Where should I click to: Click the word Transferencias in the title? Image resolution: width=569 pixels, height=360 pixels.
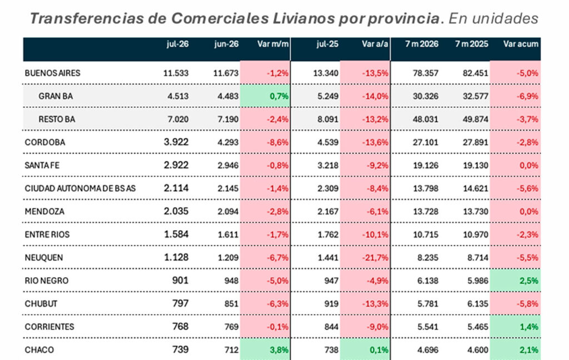pos(86,18)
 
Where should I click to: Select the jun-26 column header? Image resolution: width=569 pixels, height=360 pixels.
pos(226,44)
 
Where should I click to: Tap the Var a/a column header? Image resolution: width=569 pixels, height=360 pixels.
pos(375,44)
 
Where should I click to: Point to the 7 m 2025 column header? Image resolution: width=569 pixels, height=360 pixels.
pos(471,44)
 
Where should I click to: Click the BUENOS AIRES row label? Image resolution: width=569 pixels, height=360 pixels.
pos(52,73)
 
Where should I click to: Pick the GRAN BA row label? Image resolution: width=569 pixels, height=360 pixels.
pos(56,96)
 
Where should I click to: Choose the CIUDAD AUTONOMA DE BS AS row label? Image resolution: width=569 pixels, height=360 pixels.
pos(80,188)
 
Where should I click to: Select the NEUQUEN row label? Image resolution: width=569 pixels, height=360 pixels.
pos(43,258)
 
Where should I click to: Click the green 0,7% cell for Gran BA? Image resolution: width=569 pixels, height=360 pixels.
pos(265,96)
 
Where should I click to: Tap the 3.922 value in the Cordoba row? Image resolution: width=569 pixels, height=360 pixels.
pos(176,142)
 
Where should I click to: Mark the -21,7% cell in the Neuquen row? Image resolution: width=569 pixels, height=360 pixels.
pos(365,258)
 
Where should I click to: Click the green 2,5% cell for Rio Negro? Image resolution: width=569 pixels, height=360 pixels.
pos(515,281)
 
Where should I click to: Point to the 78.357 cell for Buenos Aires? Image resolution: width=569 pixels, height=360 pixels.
pos(425,73)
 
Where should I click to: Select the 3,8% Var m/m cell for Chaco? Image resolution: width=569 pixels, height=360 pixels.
pos(265,350)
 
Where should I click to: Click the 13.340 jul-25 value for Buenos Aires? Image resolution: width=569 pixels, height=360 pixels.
pos(326,73)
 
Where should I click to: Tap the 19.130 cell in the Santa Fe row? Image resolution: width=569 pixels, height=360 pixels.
pos(476,165)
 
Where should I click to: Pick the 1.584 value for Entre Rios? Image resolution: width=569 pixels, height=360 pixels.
pos(176,234)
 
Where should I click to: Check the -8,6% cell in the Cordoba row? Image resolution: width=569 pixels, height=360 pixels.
pos(265,142)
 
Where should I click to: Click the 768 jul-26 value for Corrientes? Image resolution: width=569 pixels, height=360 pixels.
pos(181,327)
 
